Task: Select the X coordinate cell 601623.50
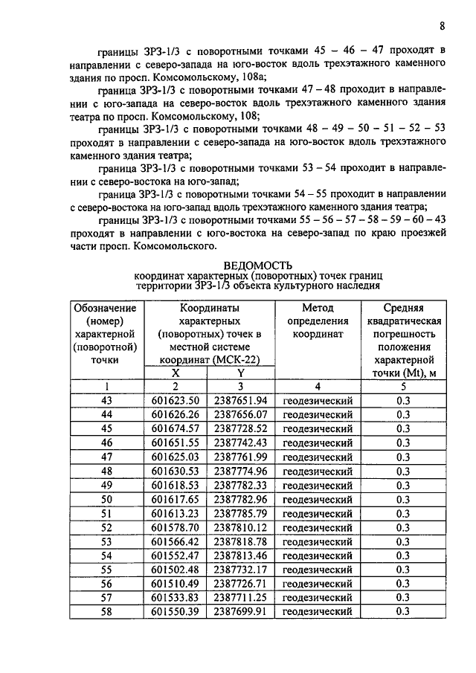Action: pyautogui.click(x=175, y=401)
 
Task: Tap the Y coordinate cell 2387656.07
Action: pyautogui.click(x=239, y=415)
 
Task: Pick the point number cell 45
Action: pyautogui.click(x=106, y=429)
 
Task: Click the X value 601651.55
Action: pyautogui.click(x=175, y=443)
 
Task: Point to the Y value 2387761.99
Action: pyautogui.click(x=239, y=457)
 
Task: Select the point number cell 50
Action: pyautogui.click(x=106, y=499)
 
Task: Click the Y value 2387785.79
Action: pyautogui.click(x=239, y=513)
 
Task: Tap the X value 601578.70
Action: pyautogui.click(x=175, y=527)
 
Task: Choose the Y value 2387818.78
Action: pyautogui.click(x=239, y=541)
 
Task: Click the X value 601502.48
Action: pyautogui.click(x=175, y=570)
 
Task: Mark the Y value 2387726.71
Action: pyautogui.click(x=239, y=584)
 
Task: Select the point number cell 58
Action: pyautogui.click(x=106, y=611)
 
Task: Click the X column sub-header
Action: pyautogui.click(x=175, y=373)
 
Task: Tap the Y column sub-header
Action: pyautogui.click(x=240, y=373)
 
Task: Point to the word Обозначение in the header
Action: pyautogui.click(x=106, y=307)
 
